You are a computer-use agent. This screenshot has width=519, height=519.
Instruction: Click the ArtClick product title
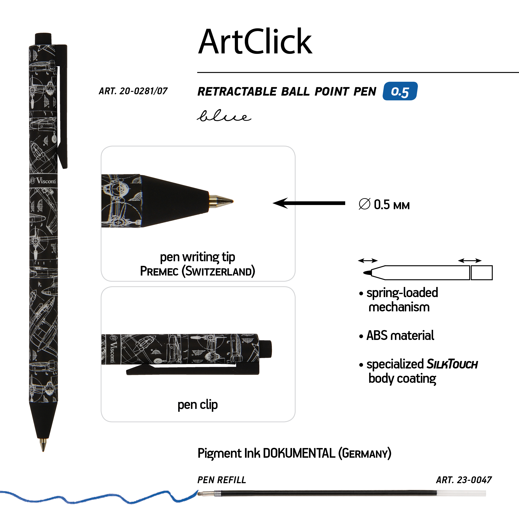click(x=255, y=42)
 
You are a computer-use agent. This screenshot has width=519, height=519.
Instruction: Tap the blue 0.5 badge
click(x=400, y=91)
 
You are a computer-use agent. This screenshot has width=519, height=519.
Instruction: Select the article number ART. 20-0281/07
click(x=133, y=91)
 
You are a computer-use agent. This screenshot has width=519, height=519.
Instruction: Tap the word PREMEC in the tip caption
click(x=159, y=271)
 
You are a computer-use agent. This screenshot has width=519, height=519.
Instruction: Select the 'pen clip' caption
click(x=198, y=405)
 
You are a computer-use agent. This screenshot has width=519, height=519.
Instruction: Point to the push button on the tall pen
click(x=43, y=38)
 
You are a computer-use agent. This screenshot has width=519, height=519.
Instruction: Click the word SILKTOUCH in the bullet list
click(x=452, y=364)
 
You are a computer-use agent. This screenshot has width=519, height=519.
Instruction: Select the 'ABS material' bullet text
click(x=400, y=336)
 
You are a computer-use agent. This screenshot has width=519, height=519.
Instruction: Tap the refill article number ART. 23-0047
click(x=464, y=480)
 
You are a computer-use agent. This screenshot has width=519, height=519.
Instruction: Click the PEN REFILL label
click(x=222, y=480)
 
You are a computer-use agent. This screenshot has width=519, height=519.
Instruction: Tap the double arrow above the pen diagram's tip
click(x=368, y=261)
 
